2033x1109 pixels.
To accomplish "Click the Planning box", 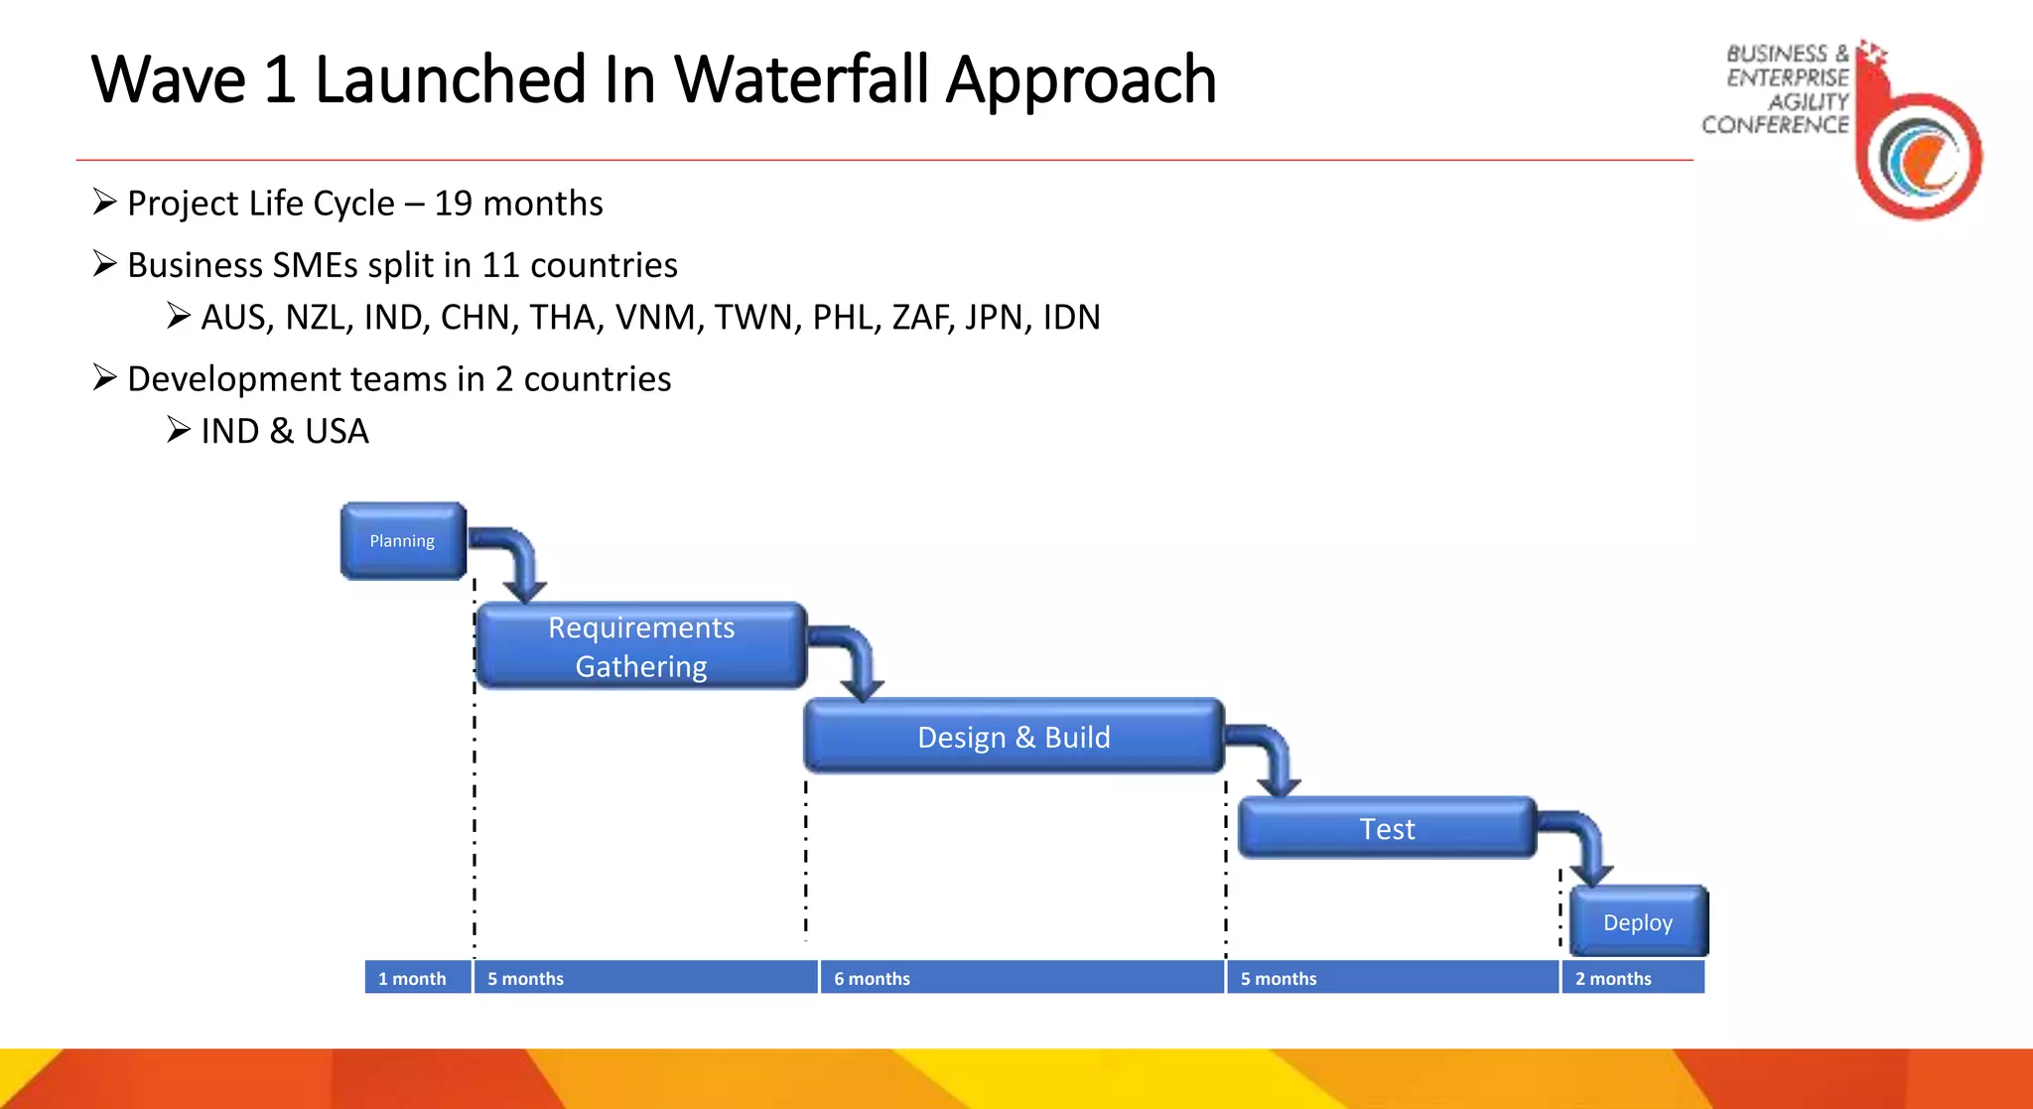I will pyautogui.click(x=402, y=541).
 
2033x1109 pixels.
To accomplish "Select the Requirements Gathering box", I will pyautogui.click(x=641, y=646).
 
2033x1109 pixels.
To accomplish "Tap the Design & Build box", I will pyautogui.click(x=1014, y=737).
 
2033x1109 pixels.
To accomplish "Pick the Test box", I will pyautogui.click(x=1387, y=828).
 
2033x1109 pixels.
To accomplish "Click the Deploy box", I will pyautogui.click(x=1638, y=922).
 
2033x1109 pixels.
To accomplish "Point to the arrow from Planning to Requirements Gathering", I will pyautogui.click(x=516, y=561).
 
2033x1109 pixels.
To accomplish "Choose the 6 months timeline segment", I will pyautogui.click(x=1020, y=978).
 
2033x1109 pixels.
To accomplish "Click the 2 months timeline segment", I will pyautogui.click(x=1633, y=978).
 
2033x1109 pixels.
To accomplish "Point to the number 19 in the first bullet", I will pyautogui.click(x=453, y=204).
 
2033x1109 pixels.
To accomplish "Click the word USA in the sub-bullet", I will pyautogui.click(x=337, y=432).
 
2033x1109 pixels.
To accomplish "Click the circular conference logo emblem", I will pyautogui.click(x=1919, y=156).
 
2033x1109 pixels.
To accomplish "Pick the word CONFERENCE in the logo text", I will pyautogui.click(x=1775, y=125).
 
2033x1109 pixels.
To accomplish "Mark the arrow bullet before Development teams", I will pyautogui.click(x=104, y=378).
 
